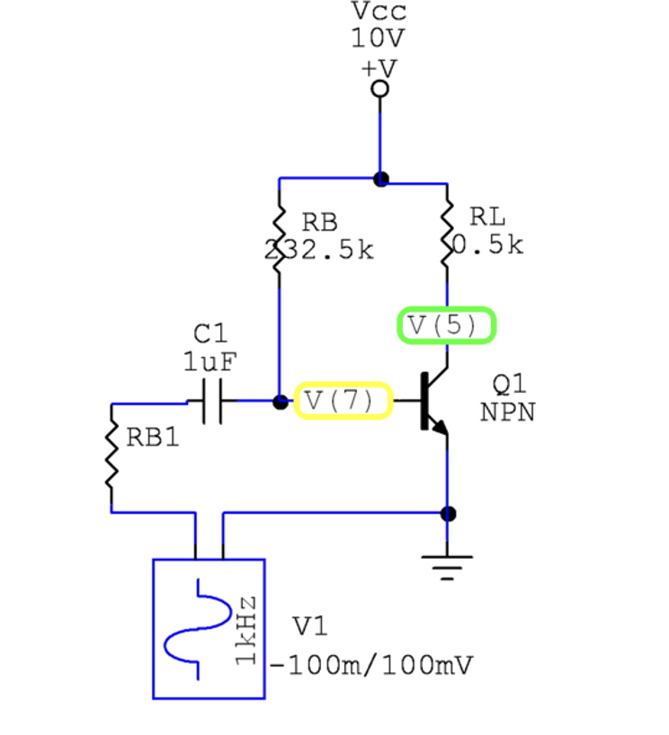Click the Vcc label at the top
(x=379, y=13)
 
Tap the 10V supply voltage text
(x=379, y=40)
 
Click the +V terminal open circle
(x=380, y=88)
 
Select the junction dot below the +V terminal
(x=380, y=179)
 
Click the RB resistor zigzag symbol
(x=280, y=236)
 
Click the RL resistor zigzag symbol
(x=447, y=236)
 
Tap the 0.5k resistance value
(x=487, y=244)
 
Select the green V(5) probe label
(x=447, y=325)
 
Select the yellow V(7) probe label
(x=343, y=400)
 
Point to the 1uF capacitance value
(x=210, y=361)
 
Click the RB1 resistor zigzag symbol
(x=111, y=458)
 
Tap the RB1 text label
(x=152, y=438)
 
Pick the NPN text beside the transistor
(x=509, y=412)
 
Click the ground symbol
(x=447, y=564)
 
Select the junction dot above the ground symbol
(x=448, y=513)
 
